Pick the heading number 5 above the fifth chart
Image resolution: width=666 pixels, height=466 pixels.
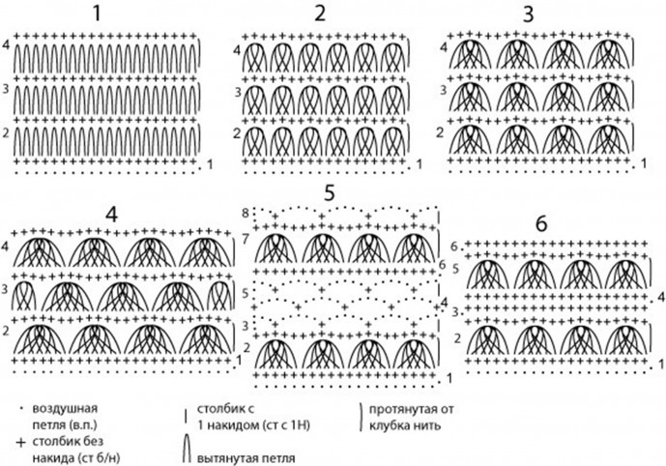click(329, 193)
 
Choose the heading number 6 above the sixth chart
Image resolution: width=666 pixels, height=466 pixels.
click(540, 223)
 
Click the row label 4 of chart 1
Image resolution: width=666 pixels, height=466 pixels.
click(6, 46)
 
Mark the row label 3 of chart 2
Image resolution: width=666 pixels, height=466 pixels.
click(238, 93)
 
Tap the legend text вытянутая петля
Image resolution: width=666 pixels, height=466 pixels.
click(244, 454)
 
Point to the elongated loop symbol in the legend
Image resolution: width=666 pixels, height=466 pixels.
click(187, 449)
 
